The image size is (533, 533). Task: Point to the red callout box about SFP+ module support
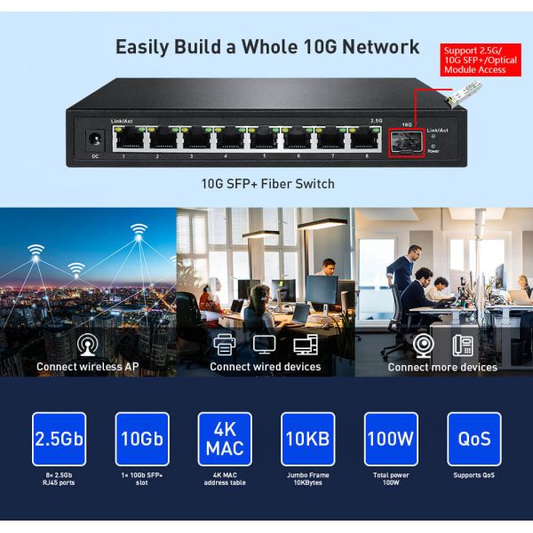point(481,59)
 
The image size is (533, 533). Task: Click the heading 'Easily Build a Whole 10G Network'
point(267,47)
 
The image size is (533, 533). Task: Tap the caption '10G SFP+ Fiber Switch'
point(267,185)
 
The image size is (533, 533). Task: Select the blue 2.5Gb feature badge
point(59,439)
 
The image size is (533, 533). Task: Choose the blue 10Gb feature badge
point(142,439)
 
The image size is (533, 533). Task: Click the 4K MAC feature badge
point(225,439)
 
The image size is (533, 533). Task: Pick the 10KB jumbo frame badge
point(308,439)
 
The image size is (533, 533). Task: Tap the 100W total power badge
point(391,439)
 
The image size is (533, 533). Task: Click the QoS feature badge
point(474,439)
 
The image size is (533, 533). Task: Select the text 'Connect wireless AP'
point(87,367)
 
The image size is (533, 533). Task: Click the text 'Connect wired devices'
point(266,367)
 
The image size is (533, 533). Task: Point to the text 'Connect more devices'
point(442,367)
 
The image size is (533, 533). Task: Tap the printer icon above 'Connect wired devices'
point(225,345)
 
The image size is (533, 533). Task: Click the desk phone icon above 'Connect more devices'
point(462,345)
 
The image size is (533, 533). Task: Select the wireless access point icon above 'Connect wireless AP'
point(87,345)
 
